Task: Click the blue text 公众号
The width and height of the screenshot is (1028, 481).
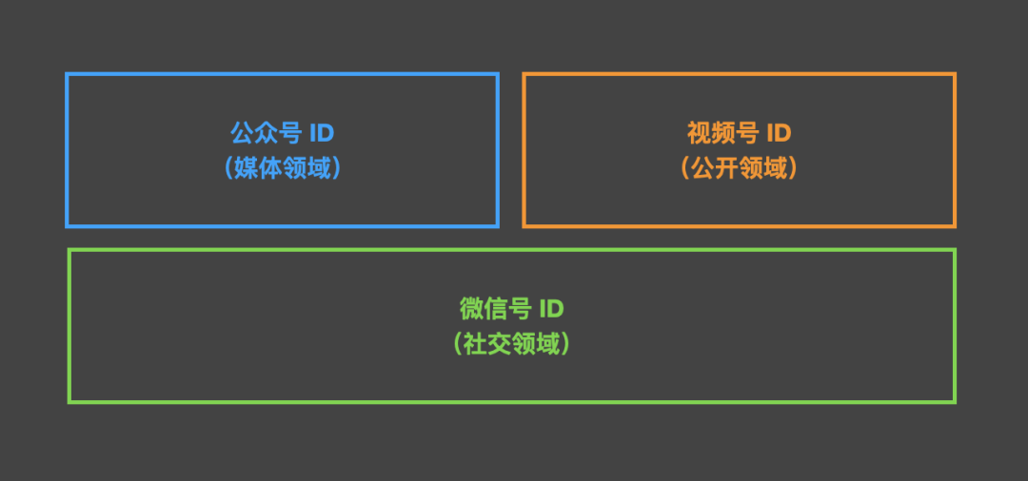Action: [266, 132]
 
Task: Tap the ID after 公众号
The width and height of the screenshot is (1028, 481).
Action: [322, 132]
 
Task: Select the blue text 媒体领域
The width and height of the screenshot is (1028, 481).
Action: [284, 168]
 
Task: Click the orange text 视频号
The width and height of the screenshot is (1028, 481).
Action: [722, 132]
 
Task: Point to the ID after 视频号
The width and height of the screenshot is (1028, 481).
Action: [779, 132]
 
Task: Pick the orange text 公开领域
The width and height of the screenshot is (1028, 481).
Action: [740, 168]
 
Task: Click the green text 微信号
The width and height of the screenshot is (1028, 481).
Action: [494, 309]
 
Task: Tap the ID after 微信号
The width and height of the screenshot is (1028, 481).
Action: [551, 309]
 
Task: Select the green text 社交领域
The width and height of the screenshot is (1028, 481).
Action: [512, 343]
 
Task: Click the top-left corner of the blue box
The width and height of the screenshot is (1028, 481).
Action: [67, 74]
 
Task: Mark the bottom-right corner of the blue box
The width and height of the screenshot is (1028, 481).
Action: [497, 225]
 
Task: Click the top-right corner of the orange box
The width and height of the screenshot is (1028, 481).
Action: [954, 74]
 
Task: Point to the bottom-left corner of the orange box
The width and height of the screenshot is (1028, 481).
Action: [524, 225]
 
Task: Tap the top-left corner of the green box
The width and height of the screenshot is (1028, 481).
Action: [69, 250]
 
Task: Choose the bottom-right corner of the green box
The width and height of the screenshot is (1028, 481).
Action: [954, 401]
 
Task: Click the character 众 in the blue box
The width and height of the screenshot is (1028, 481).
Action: [266, 132]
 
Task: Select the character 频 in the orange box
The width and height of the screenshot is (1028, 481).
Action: [722, 132]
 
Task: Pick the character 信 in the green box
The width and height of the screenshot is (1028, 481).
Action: [494, 309]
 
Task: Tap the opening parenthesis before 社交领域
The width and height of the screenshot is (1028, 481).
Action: [460, 343]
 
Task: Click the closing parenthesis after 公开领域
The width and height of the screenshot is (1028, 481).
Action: [792, 168]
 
